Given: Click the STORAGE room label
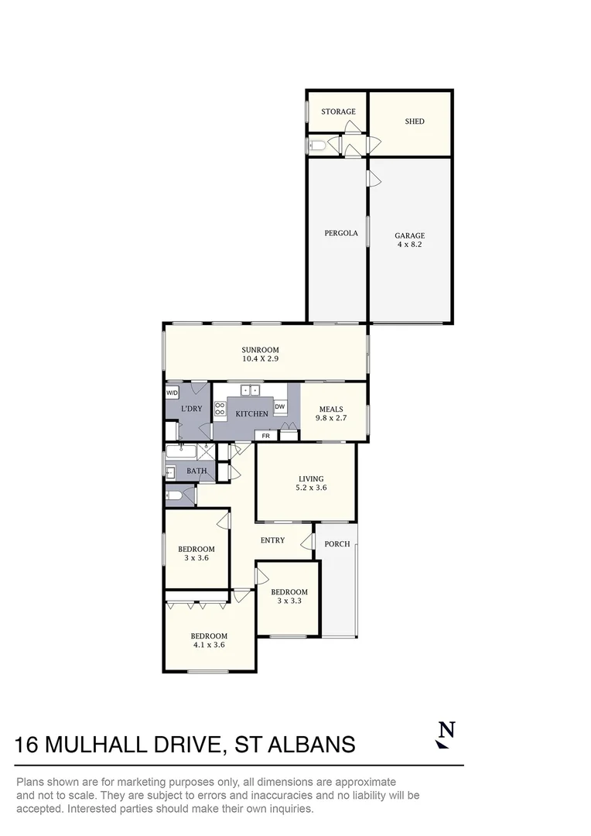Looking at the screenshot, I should click(x=338, y=111).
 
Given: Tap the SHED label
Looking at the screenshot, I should click(x=415, y=122).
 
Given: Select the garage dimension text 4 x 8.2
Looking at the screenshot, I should click(x=409, y=245).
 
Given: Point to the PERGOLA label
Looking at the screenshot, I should click(x=340, y=232).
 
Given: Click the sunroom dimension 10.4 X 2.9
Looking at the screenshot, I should click(x=260, y=359).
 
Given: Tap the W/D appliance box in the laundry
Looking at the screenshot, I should click(x=172, y=393).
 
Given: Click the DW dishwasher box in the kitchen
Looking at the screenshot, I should click(x=280, y=406).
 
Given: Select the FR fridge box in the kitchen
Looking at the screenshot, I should click(x=265, y=436).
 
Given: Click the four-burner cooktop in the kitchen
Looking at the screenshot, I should click(x=220, y=408).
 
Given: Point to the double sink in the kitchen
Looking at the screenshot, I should click(x=249, y=389).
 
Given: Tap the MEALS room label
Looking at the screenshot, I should click(x=330, y=409).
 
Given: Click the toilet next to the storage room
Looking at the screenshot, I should click(x=317, y=145).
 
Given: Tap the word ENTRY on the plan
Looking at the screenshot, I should click(x=272, y=540).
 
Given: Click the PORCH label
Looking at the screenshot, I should click(x=336, y=544).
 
